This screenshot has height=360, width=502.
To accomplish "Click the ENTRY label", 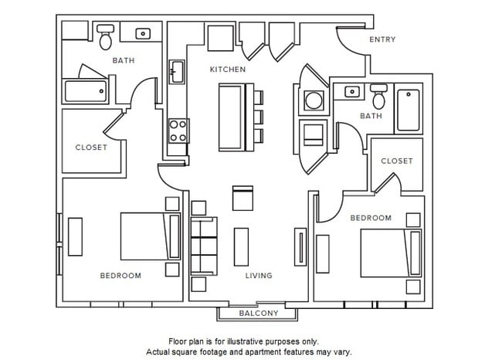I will pos(382,39).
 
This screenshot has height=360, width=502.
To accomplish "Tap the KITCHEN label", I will pos(228,70).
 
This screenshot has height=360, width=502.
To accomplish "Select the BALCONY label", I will pos(258,313).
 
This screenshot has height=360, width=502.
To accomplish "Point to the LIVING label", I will pos(259,276).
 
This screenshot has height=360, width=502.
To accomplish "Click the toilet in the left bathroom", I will pos(106,36).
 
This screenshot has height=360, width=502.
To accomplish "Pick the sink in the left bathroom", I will pos(144,34).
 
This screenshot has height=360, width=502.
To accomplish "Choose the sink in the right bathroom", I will pos(352,92).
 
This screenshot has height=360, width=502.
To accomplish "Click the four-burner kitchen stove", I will pos(178,130).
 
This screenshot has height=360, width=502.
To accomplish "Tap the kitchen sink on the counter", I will pos(176,73).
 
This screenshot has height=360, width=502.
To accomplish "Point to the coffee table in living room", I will pos(242,246).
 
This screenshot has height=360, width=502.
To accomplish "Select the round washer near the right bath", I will pos(314,101).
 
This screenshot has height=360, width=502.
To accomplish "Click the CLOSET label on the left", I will pos(91,148).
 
